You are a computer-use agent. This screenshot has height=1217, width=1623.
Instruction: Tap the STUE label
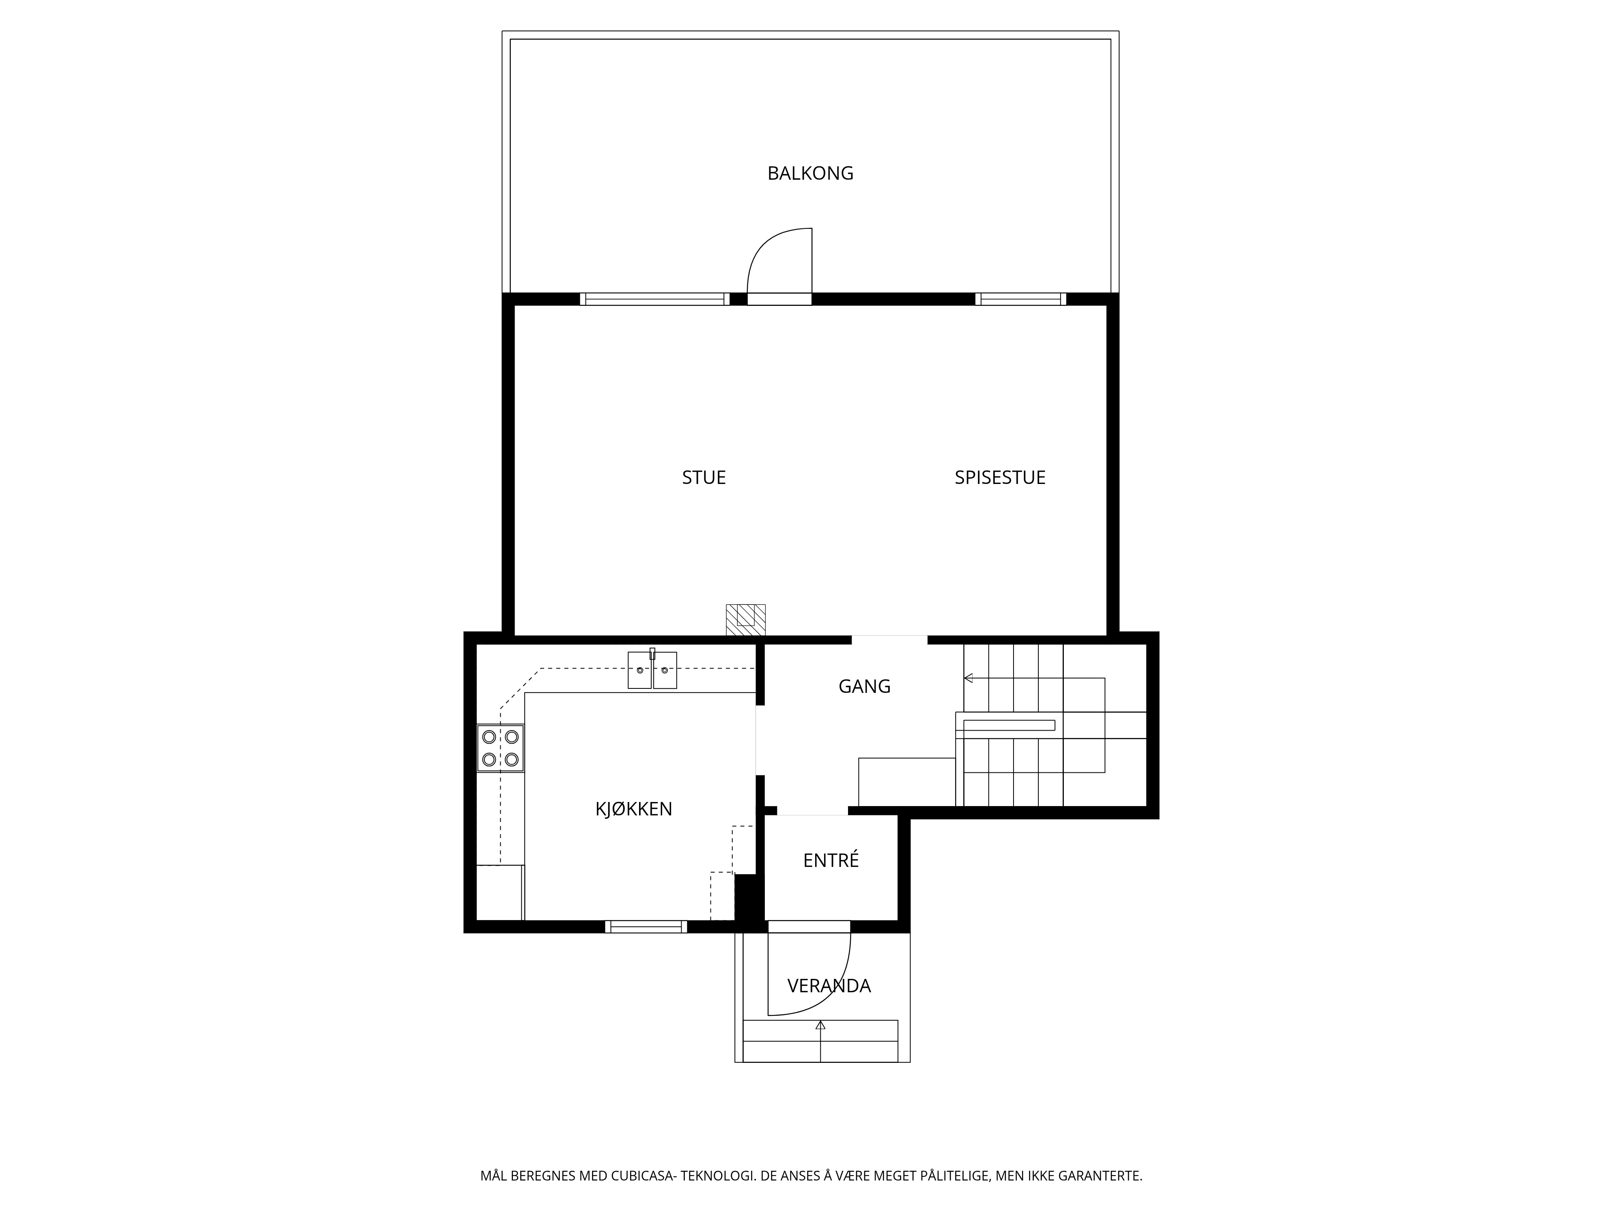coord(704,477)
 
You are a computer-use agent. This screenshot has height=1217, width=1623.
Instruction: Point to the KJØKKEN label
coord(633,809)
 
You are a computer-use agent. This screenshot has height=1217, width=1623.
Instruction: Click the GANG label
coord(864,687)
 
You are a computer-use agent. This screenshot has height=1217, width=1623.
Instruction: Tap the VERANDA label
coord(829,986)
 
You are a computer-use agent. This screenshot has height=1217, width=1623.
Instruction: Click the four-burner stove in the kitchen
coord(500,748)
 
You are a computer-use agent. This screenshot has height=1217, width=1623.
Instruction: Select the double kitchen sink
coord(652,669)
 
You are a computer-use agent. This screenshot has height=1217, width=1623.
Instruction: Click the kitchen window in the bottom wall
coord(646,927)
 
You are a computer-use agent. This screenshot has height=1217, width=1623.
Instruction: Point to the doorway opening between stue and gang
coord(889,640)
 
